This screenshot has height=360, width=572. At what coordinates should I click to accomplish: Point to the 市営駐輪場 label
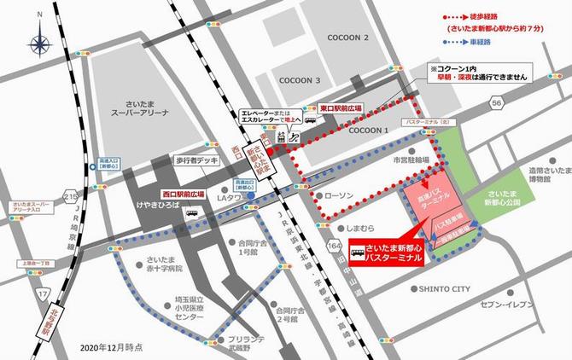pyautogui.click(x=408, y=160)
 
